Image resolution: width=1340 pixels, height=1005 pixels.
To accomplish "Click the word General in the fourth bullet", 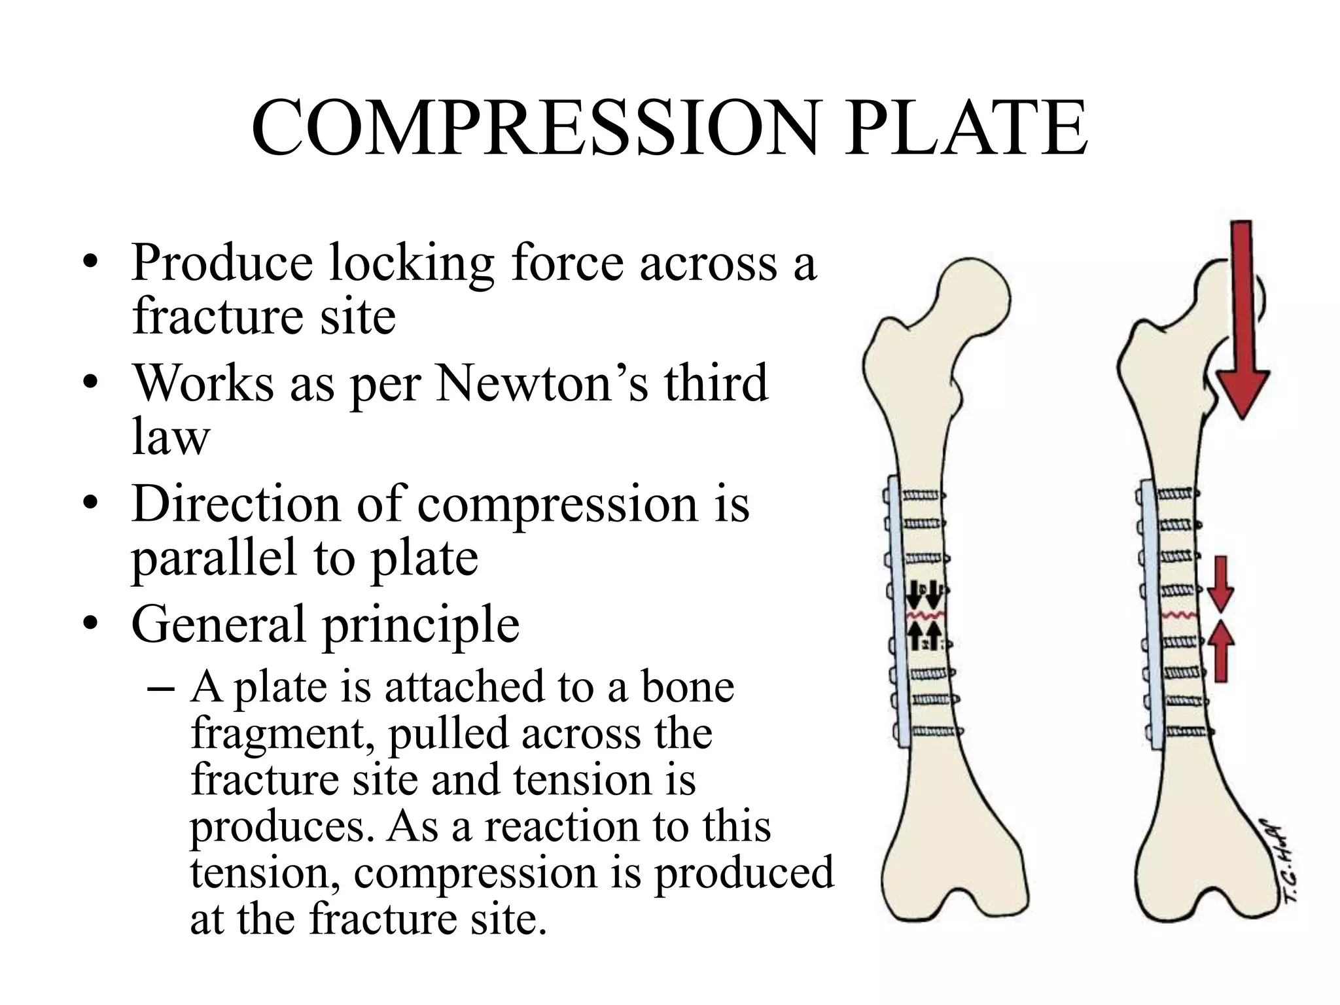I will pyautogui.click(x=219, y=624).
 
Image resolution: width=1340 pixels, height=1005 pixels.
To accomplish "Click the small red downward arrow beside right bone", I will pyautogui.click(x=1220, y=584).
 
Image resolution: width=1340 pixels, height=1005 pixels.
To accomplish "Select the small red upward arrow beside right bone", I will pyautogui.click(x=1220, y=652).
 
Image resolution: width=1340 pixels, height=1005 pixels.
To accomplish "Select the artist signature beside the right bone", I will pyautogui.click(x=1283, y=860).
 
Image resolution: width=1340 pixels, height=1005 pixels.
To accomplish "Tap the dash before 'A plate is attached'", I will pyautogui.click(x=161, y=688).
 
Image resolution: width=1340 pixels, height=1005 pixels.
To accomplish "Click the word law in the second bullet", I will pyautogui.click(x=171, y=437).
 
